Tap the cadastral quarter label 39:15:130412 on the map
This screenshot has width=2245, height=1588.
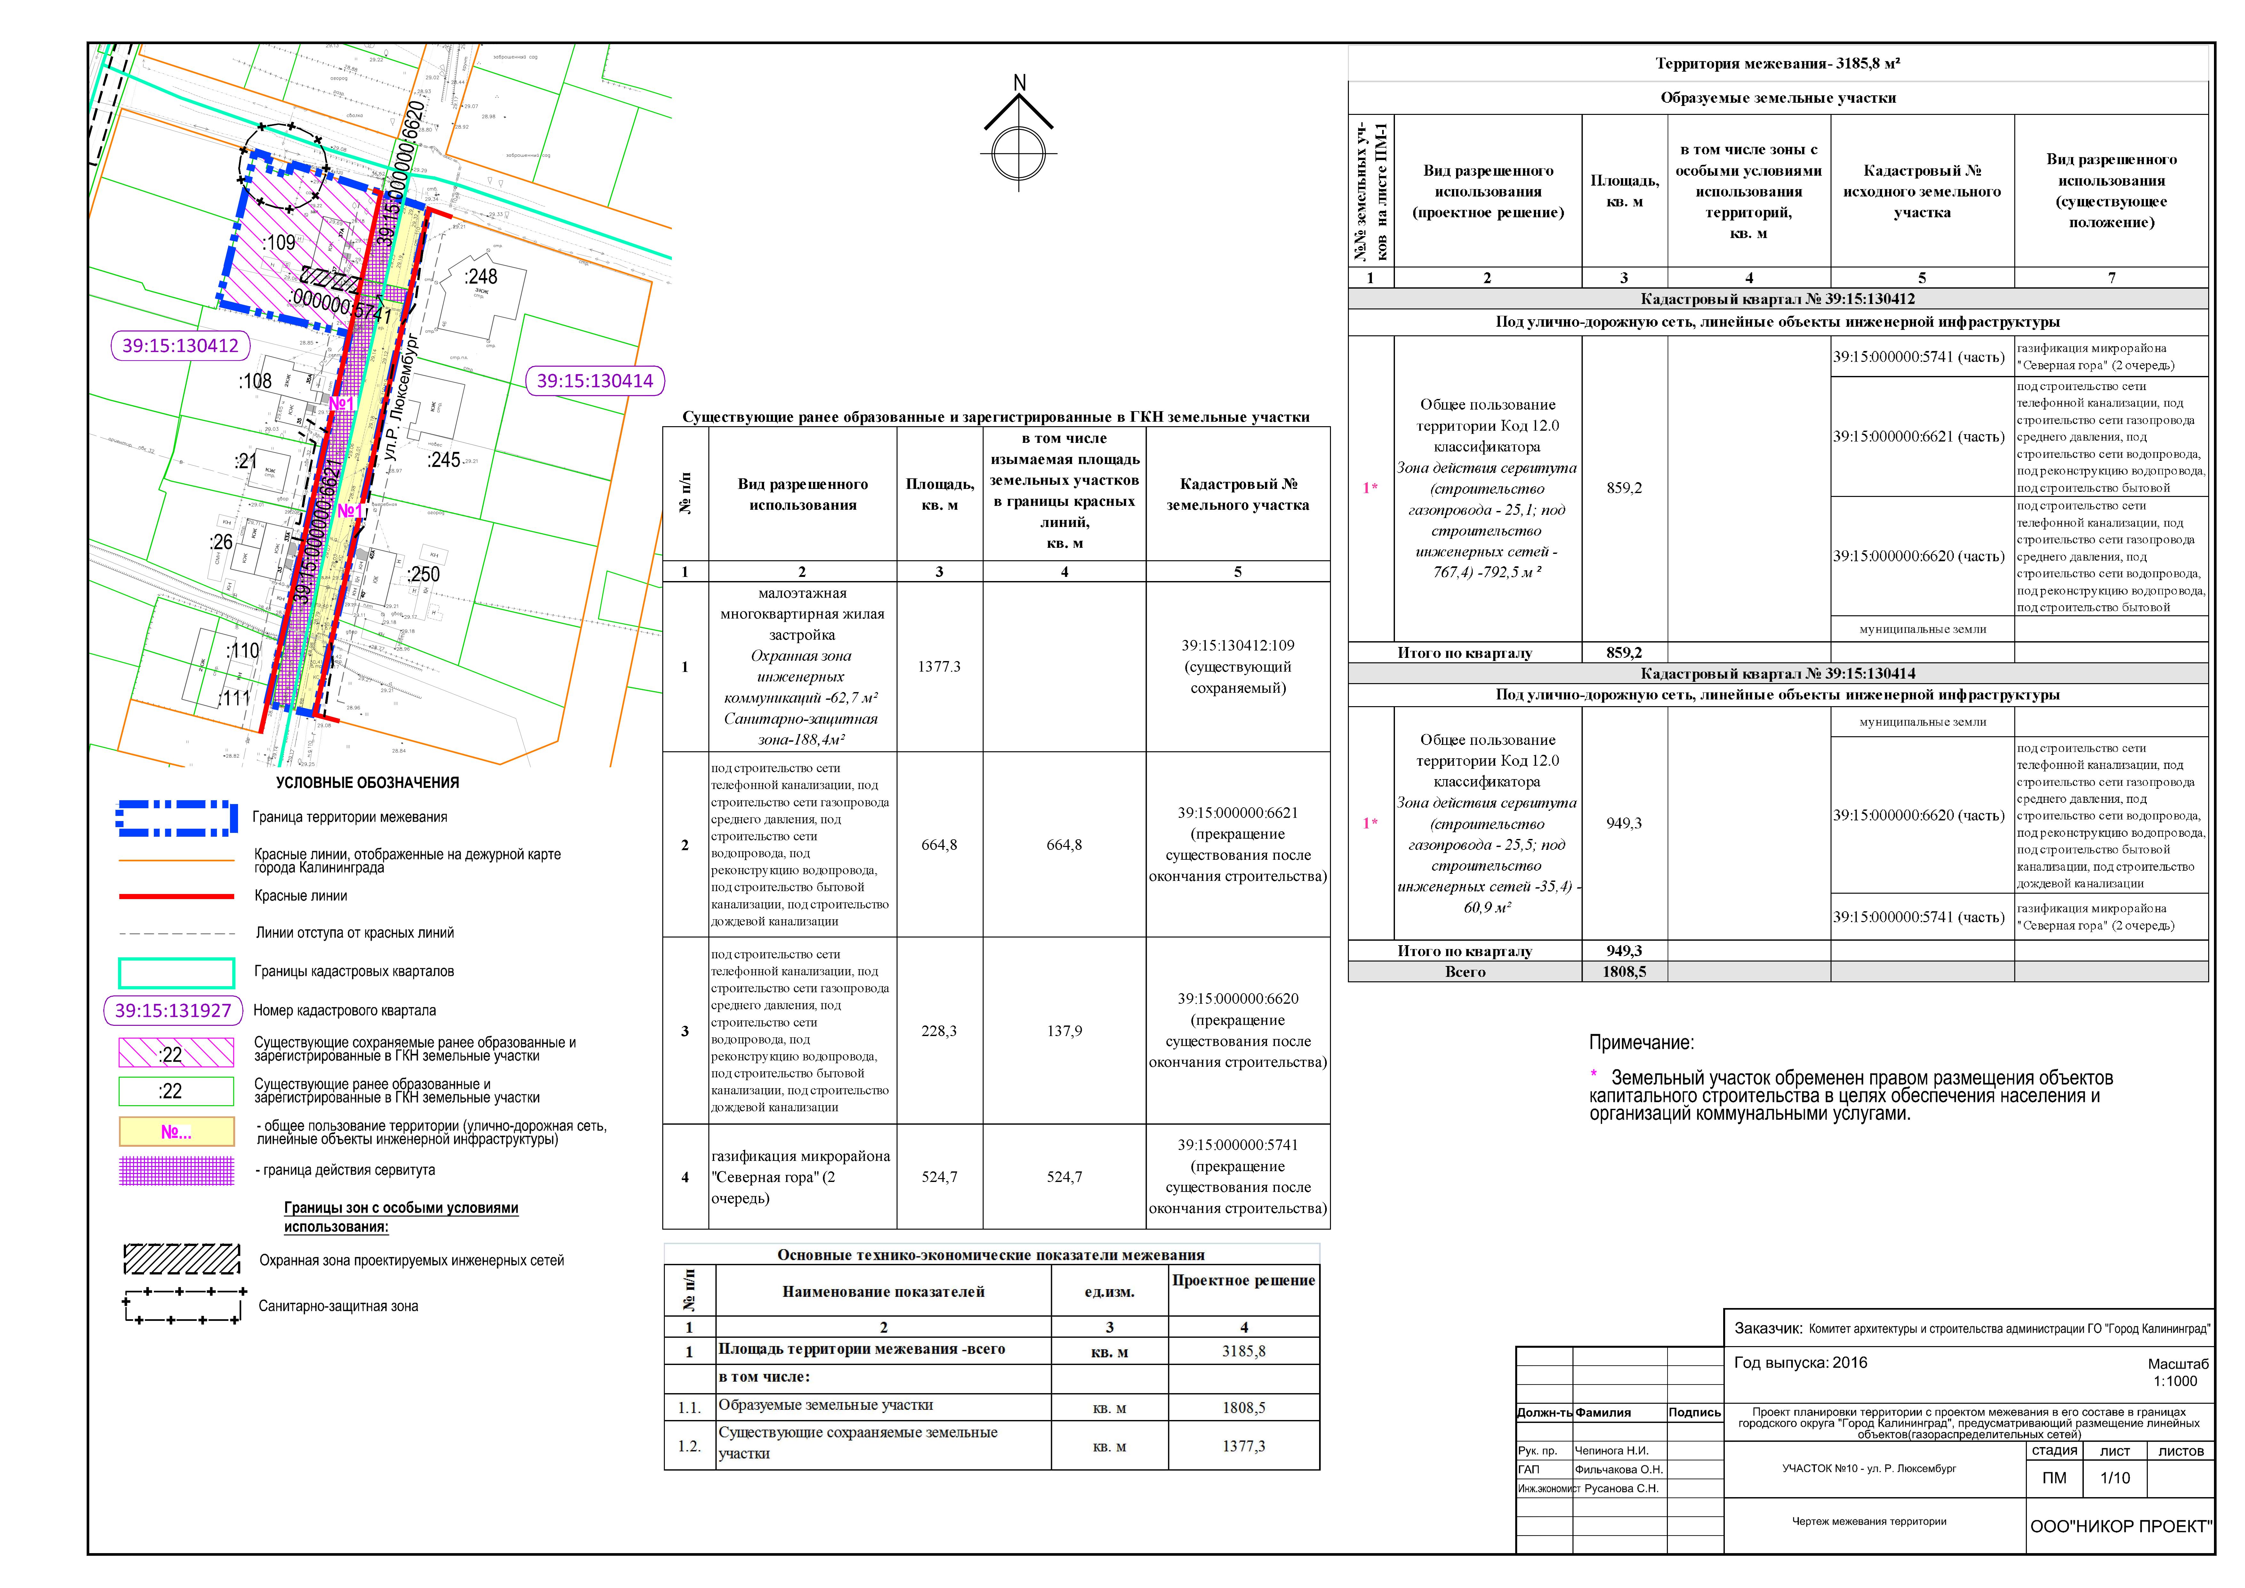tap(180, 345)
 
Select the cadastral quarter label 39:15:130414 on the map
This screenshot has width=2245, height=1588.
tap(594, 380)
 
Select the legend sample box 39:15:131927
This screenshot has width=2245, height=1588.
tap(173, 1010)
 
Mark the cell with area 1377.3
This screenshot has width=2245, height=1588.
tap(939, 667)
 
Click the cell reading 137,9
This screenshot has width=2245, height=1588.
tap(1064, 1031)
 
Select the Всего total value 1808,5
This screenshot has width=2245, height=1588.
tap(1623, 972)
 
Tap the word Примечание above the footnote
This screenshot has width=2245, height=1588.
tap(1641, 1042)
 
